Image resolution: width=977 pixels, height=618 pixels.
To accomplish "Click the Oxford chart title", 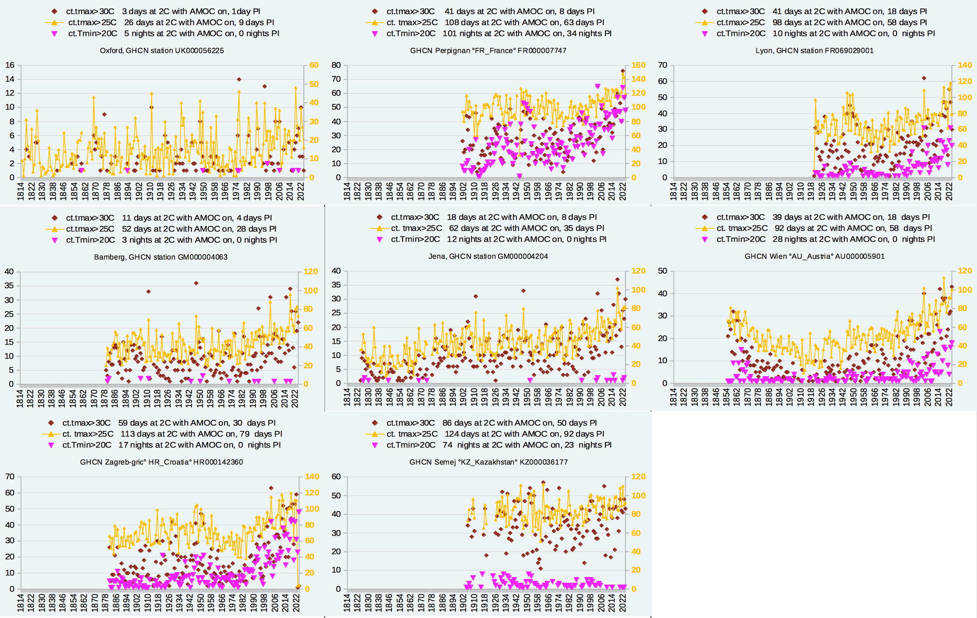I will point(161,51).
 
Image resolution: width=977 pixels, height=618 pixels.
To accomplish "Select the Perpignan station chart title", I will point(488,51).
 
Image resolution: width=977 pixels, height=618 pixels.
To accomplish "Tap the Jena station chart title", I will point(488,256).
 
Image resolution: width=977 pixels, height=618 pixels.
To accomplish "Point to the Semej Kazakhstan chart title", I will point(488,462).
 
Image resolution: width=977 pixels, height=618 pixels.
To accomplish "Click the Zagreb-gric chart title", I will point(161,462).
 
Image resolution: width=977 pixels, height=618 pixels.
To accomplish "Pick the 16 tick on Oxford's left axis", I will point(10,65).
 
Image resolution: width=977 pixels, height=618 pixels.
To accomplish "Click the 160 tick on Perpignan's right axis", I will point(638,65).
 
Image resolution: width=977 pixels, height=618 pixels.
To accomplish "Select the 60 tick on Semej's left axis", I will point(336,477).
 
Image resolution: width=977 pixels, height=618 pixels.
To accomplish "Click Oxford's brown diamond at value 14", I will point(239,79).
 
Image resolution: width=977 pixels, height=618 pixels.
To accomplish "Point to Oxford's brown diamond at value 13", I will point(265,86).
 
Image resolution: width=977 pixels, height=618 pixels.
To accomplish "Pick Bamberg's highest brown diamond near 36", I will point(196,283).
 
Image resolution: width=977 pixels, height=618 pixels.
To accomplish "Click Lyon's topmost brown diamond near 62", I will point(924,78).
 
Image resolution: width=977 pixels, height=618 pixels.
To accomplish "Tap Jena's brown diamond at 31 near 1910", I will point(476,297).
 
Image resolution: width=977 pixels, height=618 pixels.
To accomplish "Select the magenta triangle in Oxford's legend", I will point(55,34).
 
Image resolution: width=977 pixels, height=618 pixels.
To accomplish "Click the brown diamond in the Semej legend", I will point(375,423).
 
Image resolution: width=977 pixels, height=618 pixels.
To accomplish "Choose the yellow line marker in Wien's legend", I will point(705,228).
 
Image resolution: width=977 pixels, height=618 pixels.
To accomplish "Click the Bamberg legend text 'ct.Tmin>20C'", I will point(90,240).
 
